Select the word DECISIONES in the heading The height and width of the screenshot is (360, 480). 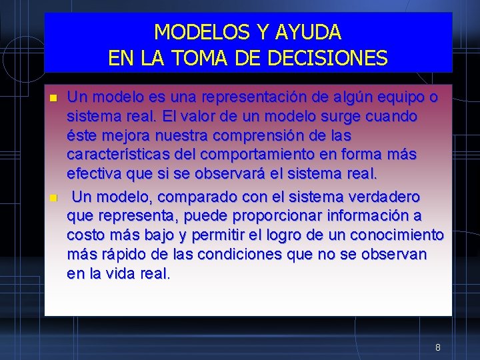[x=327, y=58]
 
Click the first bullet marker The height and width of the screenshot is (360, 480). [x=53, y=99]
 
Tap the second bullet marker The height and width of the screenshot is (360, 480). [x=53, y=198]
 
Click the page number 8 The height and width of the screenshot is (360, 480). [x=437, y=347]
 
